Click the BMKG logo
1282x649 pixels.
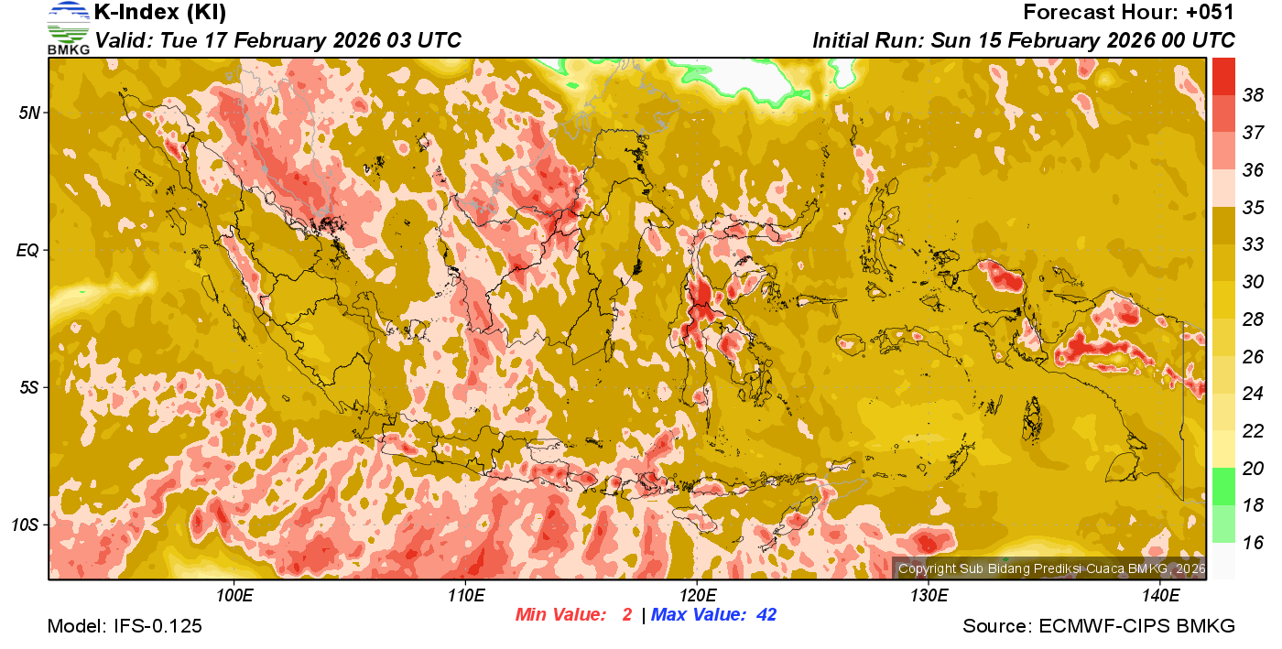[68, 27]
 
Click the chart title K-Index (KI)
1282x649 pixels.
[160, 13]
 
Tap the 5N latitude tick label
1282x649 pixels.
[29, 113]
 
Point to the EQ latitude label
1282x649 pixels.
[29, 250]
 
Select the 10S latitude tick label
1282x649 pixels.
[26, 525]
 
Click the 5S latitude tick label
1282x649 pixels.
[29, 387]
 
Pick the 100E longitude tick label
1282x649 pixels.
[234, 597]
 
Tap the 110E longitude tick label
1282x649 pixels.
[466, 597]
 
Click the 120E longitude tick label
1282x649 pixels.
[697, 597]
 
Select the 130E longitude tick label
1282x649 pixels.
[929, 597]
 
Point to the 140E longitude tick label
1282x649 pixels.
[1160, 597]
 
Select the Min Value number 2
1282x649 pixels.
[627, 615]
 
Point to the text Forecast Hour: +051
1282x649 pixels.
[1129, 13]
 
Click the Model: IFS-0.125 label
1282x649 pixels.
[125, 626]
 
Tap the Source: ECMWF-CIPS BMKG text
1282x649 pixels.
[1099, 626]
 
